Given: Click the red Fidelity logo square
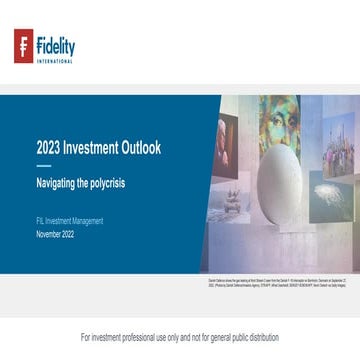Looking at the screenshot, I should [23, 45].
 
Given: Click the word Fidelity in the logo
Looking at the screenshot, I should [55, 44].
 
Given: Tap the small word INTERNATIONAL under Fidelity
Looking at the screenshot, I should [55, 60].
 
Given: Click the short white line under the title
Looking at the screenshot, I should [43, 165].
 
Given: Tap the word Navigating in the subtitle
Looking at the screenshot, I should [60, 184].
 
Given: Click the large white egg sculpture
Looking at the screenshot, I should [281, 181].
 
